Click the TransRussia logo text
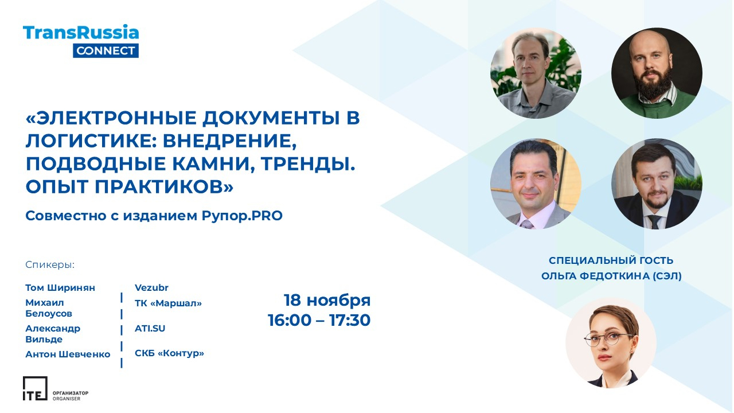81,33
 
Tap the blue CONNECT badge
106,51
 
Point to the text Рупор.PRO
242,216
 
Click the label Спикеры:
50,265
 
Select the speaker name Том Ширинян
60,288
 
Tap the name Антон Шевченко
68,354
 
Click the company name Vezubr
151,288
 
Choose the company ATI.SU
150,329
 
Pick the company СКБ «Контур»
169,353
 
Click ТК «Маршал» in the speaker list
169,303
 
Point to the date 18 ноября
327,301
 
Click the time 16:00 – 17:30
319,320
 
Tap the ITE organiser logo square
35,388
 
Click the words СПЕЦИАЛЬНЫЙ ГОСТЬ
611,260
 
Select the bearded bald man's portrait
657,73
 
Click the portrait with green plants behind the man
536,73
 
